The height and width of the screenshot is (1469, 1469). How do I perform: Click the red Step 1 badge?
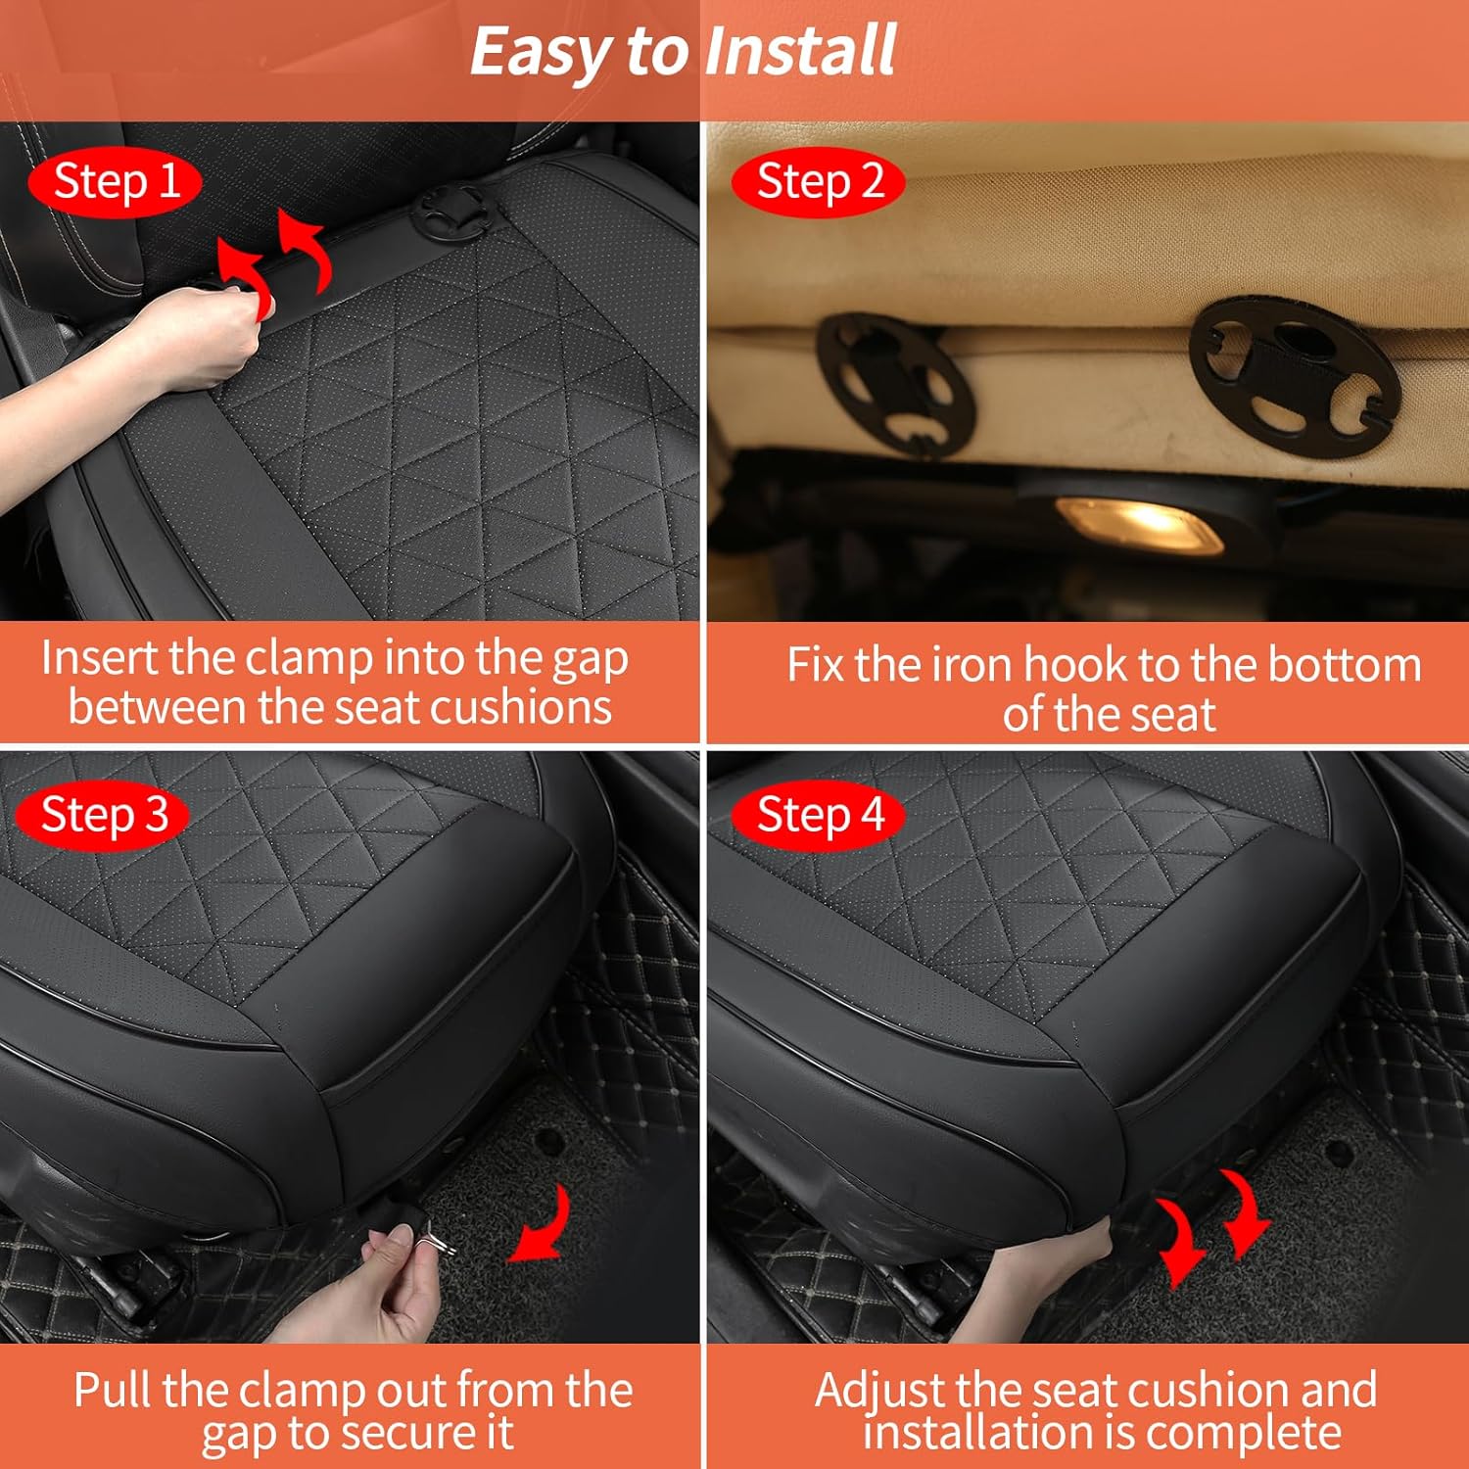click(x=116, y=182)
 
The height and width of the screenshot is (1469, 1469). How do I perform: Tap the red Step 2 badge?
click(x=819, y=182)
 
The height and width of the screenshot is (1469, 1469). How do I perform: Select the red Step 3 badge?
click(x=104, y=815)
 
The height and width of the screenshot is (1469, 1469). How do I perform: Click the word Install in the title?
click(x=799, y=51)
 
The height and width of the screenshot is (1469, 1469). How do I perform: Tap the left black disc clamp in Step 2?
click(x=893, y=384)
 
